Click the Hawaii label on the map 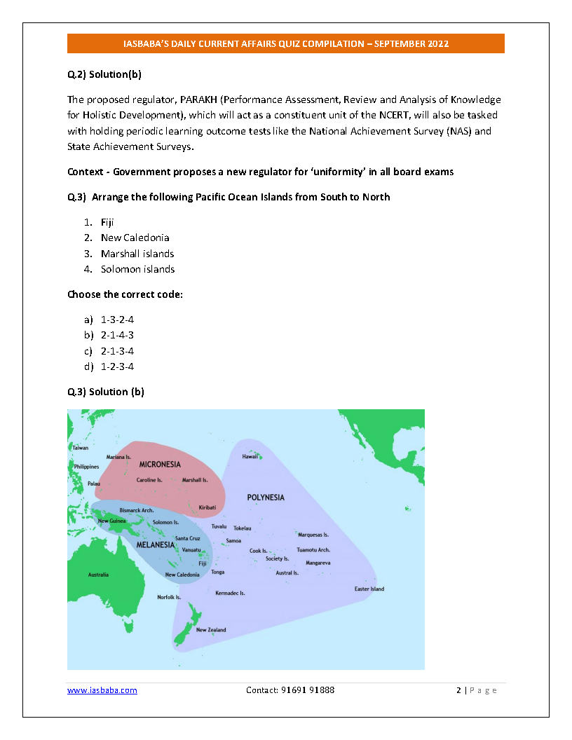pos(250,456)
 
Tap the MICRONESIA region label pos(160,465)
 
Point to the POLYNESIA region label pos(266,498)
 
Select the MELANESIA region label pos(156,544)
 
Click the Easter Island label pos(369,589)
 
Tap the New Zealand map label pos(211,630)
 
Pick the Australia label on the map pos(98,575)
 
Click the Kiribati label pos(207,507)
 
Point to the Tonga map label pos(218,573)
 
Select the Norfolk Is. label pos(169,598)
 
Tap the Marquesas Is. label pos(313,535)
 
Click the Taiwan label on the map pos(81,448)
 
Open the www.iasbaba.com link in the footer pos(102,690)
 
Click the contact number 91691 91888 pos(308,690)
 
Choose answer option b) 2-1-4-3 pos(117,335)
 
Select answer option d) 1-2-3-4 pos(117,366)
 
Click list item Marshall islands pos(137,254)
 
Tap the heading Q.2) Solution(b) pos(105,74)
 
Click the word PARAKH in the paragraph pos(198,100)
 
